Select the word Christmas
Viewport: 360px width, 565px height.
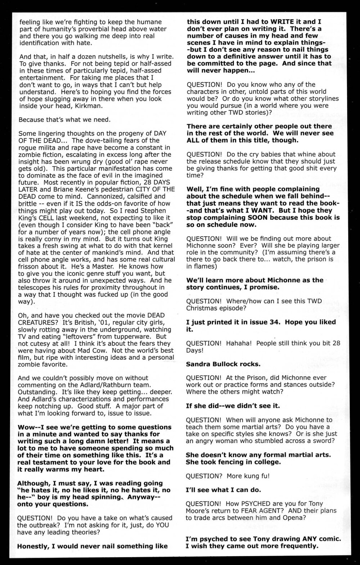201,308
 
